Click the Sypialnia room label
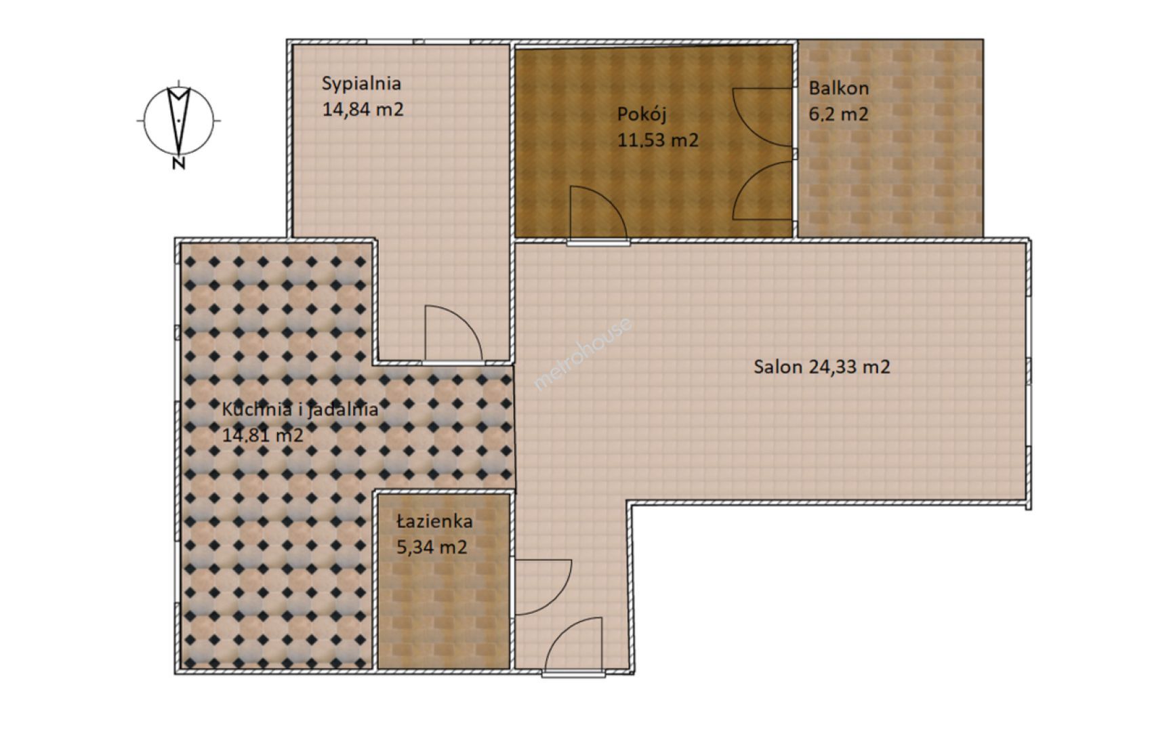pos(361,84)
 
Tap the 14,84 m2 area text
pos(363,109)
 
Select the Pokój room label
pos(642,115)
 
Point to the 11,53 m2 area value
pos(657,140)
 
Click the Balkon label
pos(838,88)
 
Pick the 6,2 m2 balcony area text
pos(838,114)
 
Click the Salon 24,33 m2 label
pos(822,367)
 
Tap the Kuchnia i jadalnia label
pos(300,409)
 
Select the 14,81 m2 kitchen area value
pos(262,435)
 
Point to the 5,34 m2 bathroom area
pos(432,547)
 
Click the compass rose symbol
pos(179,121)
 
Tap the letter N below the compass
pos(179,163)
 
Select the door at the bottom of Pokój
pos(598,212)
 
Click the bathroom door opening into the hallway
pos(543,587)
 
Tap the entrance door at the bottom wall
pos(573,645)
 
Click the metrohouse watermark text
pos(583,354)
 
